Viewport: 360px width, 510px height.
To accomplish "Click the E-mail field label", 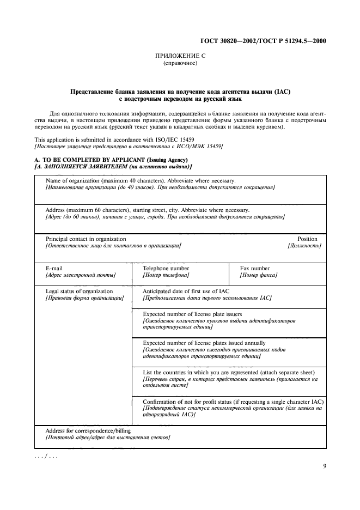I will [x=54, y=268].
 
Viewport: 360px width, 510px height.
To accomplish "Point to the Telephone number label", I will [x=166, y=268].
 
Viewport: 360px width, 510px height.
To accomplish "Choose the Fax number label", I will [x=255, y=268].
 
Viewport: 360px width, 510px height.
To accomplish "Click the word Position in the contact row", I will [x=307, y=239].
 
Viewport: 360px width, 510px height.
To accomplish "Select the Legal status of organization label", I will [x=80, y=291].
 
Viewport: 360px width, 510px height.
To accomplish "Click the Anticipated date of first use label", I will [x=186, y=291].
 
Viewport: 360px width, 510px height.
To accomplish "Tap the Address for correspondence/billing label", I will [x=88, y=430].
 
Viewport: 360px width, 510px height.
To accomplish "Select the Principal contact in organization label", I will [x=86, y=239].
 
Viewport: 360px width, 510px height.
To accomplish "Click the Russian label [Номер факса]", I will [x=259, y=275].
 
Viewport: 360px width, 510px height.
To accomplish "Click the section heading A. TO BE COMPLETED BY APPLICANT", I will [x=98, y=159].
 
